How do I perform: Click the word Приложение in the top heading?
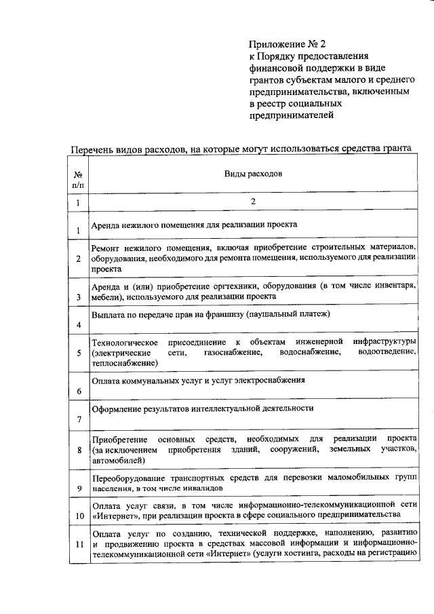click(275, 45)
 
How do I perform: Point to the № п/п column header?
click(78, 179)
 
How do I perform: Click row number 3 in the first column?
click(79, 296)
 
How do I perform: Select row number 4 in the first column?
click(79, 325)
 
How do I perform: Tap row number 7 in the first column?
click(79, 419)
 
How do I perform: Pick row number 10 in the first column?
click(79, 516)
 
